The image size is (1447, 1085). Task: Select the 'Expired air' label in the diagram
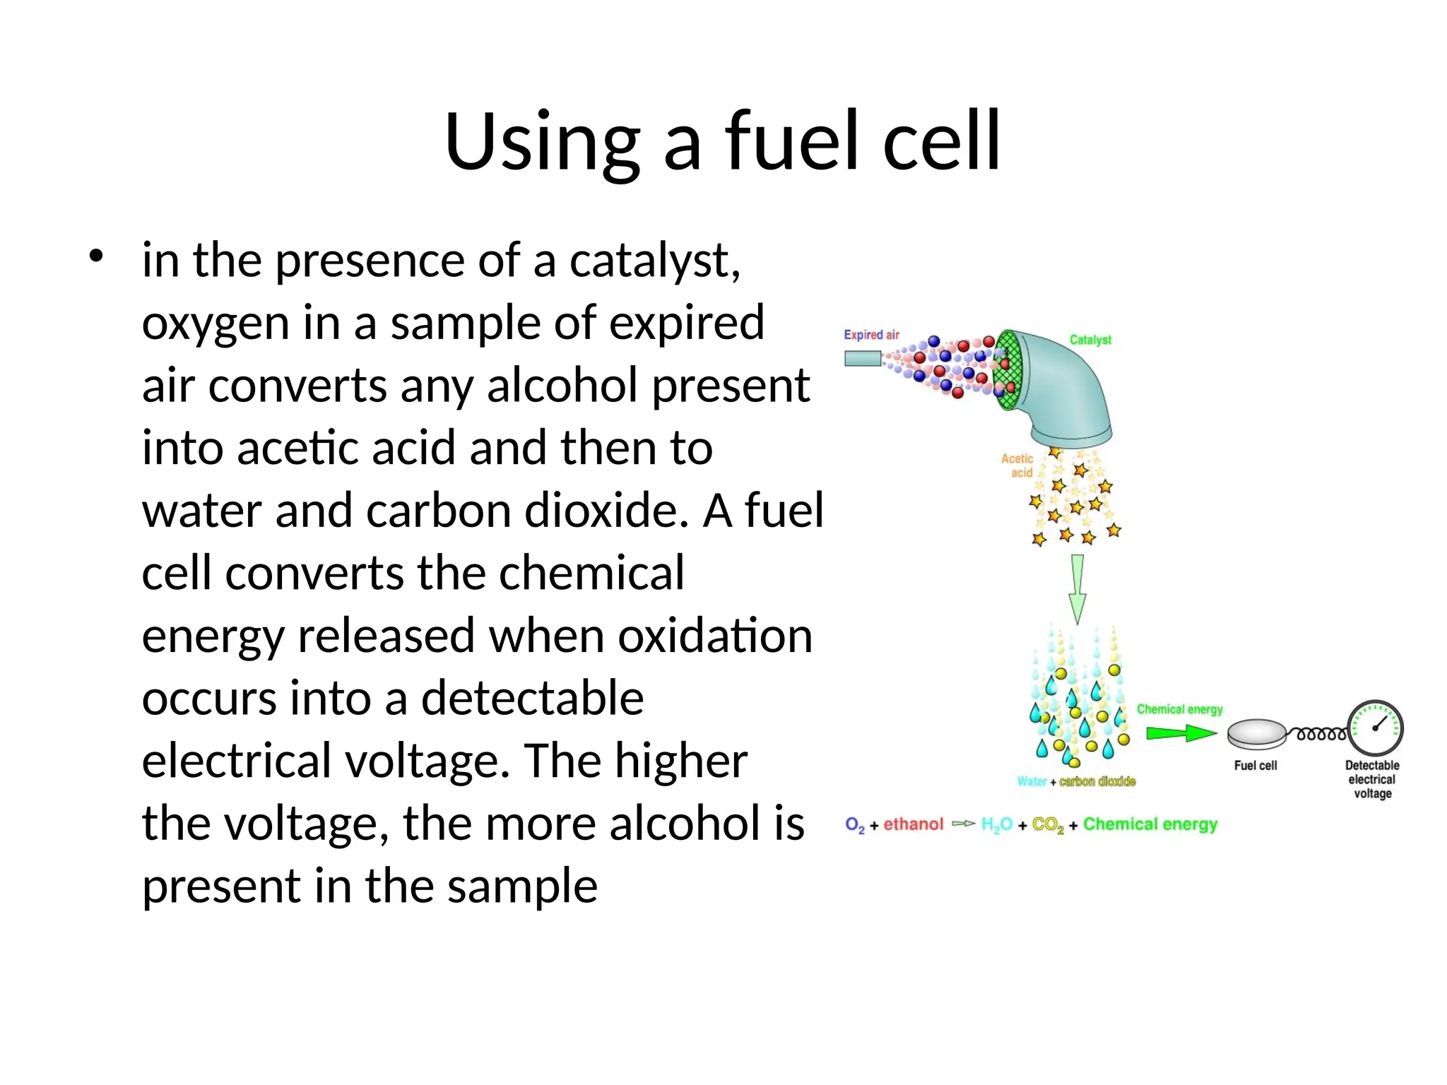pyautogui.click(x=871, y=335)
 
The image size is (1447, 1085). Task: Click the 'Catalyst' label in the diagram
pyautogui.click(x=1089, y=340)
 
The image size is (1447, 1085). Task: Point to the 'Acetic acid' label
pyautogui.click(x=1017, y=466)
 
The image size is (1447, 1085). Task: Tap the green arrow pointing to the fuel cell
pyautogui.click(x=1180, y=734)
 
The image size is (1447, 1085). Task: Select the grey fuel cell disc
pyautogui.click(x=1256, y=734)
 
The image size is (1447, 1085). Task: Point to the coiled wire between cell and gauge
pyautogui.click(x=1319, y=735)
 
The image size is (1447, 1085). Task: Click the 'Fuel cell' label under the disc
pyautogui.click(x=1256, y=766)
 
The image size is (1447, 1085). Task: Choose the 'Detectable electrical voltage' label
pyautogui.click(x=1372, y=779)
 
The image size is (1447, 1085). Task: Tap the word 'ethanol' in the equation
pyautogui.click(x=913, y=824)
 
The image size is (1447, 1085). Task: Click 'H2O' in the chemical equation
pyautogui.click(x=996, y=825)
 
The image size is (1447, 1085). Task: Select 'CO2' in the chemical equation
pyautogui.click(x=1048, y=825)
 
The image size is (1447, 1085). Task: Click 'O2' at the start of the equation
pyautogui.click(x=854, y=825)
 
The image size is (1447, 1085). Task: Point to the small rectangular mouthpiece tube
pyautogui.click(x=862, y=359)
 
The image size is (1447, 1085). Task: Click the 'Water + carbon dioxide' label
pyautogui.click(x=1076, y=781)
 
